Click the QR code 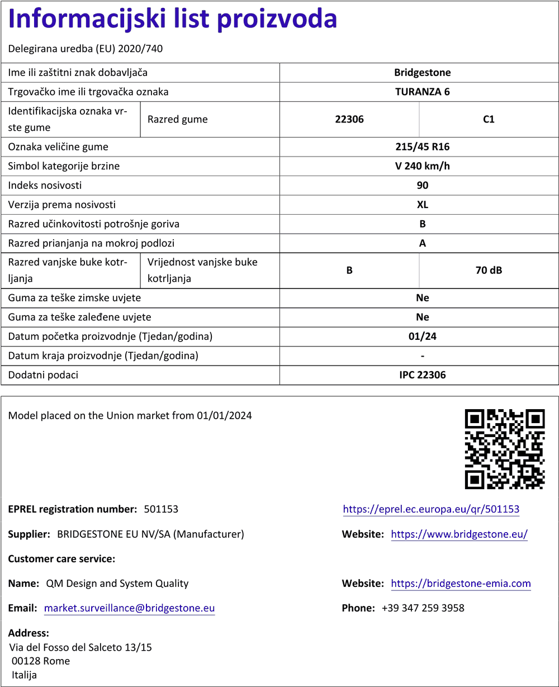point(505,448)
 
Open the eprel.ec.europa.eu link point(431,509)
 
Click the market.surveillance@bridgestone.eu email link point(129,608)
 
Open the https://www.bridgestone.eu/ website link point(459,534)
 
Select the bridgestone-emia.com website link point(461,584)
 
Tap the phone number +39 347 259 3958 point(423,608)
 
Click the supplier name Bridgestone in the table point(422,73)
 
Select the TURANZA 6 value point(422,92)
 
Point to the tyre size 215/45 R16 point(422,147)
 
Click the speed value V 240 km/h point(422,166)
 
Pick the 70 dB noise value point(489,271)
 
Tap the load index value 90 point(422,186)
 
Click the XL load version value point(422,205)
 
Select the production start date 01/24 point(422,337)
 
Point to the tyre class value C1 point(489,119)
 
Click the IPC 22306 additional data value point(422,375)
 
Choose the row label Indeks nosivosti point(45,186)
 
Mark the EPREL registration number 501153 point(161,509)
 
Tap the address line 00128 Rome point(41,661)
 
